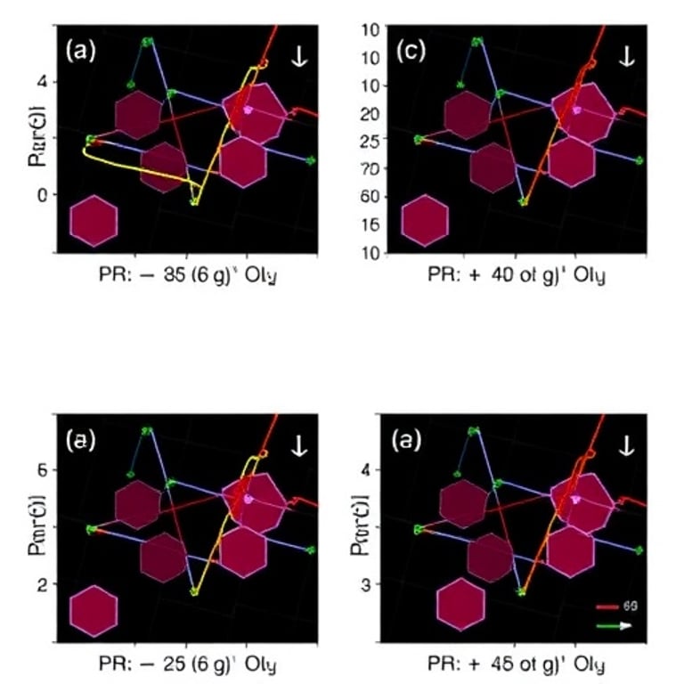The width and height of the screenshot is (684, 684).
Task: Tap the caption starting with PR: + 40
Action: click(517, 275)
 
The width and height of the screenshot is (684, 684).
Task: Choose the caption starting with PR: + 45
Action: click(517, 664)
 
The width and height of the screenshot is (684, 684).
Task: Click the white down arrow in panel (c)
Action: click(627, 56)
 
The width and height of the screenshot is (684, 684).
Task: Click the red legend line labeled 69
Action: click(607, 606)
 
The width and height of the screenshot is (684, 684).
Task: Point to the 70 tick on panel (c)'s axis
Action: click(371, 168)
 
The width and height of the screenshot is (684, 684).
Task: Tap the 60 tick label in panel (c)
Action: click(371, 196)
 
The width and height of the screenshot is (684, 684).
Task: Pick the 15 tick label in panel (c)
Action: click(371, 224)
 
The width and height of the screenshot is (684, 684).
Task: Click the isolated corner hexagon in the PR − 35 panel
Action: click(94, 221)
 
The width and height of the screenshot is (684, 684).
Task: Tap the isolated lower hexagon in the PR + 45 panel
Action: click(460, 605)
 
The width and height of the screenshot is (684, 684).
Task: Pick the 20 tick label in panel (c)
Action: click(371, 113)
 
